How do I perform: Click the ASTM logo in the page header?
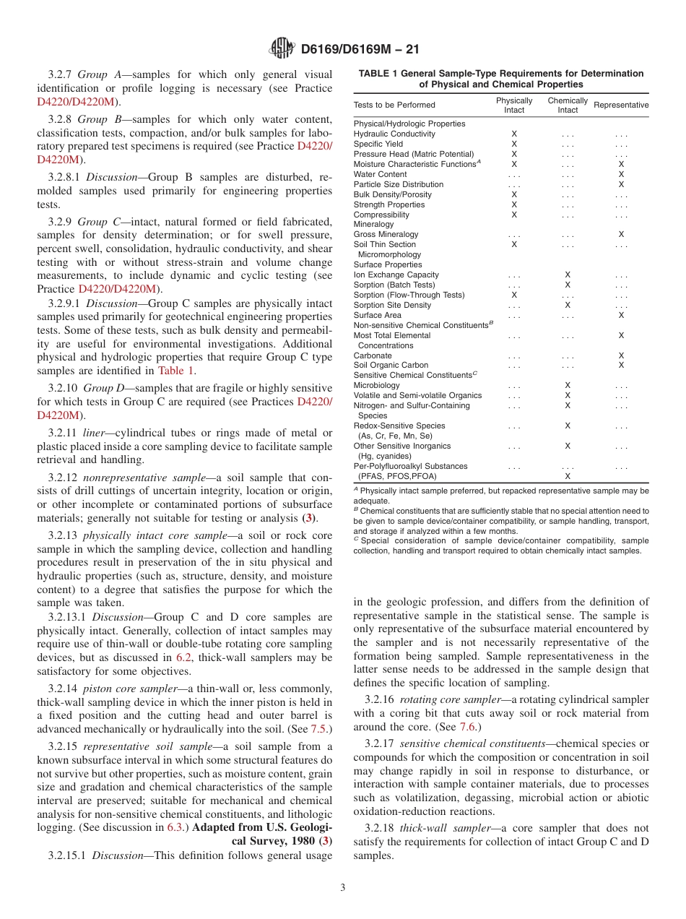coord(281,48)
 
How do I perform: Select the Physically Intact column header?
coord(514,105)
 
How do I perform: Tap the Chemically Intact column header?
coord(568,105)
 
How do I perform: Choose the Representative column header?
coord(621,105)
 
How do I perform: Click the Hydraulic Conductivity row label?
coord(394,134)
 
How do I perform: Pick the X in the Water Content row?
coord(621,174)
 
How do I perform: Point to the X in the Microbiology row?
coord(568,385)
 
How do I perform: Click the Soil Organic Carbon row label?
coord(391,366)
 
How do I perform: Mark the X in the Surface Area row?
coord(621,315)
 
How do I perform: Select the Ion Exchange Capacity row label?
coord(396,275)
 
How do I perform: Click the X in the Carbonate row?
coord(621,355)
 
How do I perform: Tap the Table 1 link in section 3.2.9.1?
coord(176,371)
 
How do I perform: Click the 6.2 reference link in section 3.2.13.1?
coord(184,658)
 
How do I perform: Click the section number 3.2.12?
coord(64,478)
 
